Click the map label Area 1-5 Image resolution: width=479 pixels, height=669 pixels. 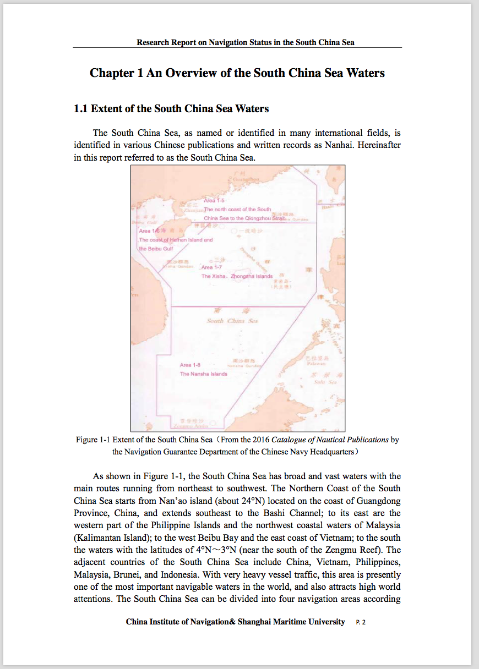point(214,201)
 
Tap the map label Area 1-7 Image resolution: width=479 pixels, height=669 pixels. point(212,267)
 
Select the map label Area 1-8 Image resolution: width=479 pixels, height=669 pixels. point(190,365)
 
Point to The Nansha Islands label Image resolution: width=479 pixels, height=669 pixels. point(203,374)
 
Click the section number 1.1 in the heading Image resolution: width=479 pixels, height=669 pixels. point(81,108)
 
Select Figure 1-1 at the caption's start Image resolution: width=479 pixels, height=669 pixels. point(94,440)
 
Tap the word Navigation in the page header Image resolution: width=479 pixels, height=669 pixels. point(230,42)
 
